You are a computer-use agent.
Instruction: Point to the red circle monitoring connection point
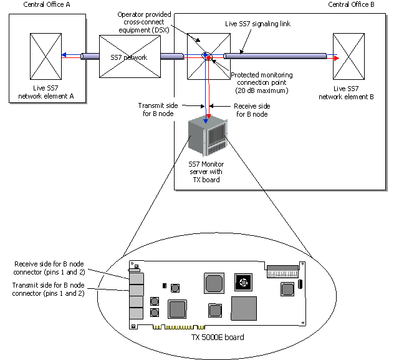[x=210, y=58]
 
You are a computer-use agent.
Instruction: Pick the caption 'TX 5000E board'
[x=218, y=337]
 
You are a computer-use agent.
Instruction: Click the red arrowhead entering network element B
[x=335, y=58]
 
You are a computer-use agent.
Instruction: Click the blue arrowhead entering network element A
[x=64, y=56]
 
